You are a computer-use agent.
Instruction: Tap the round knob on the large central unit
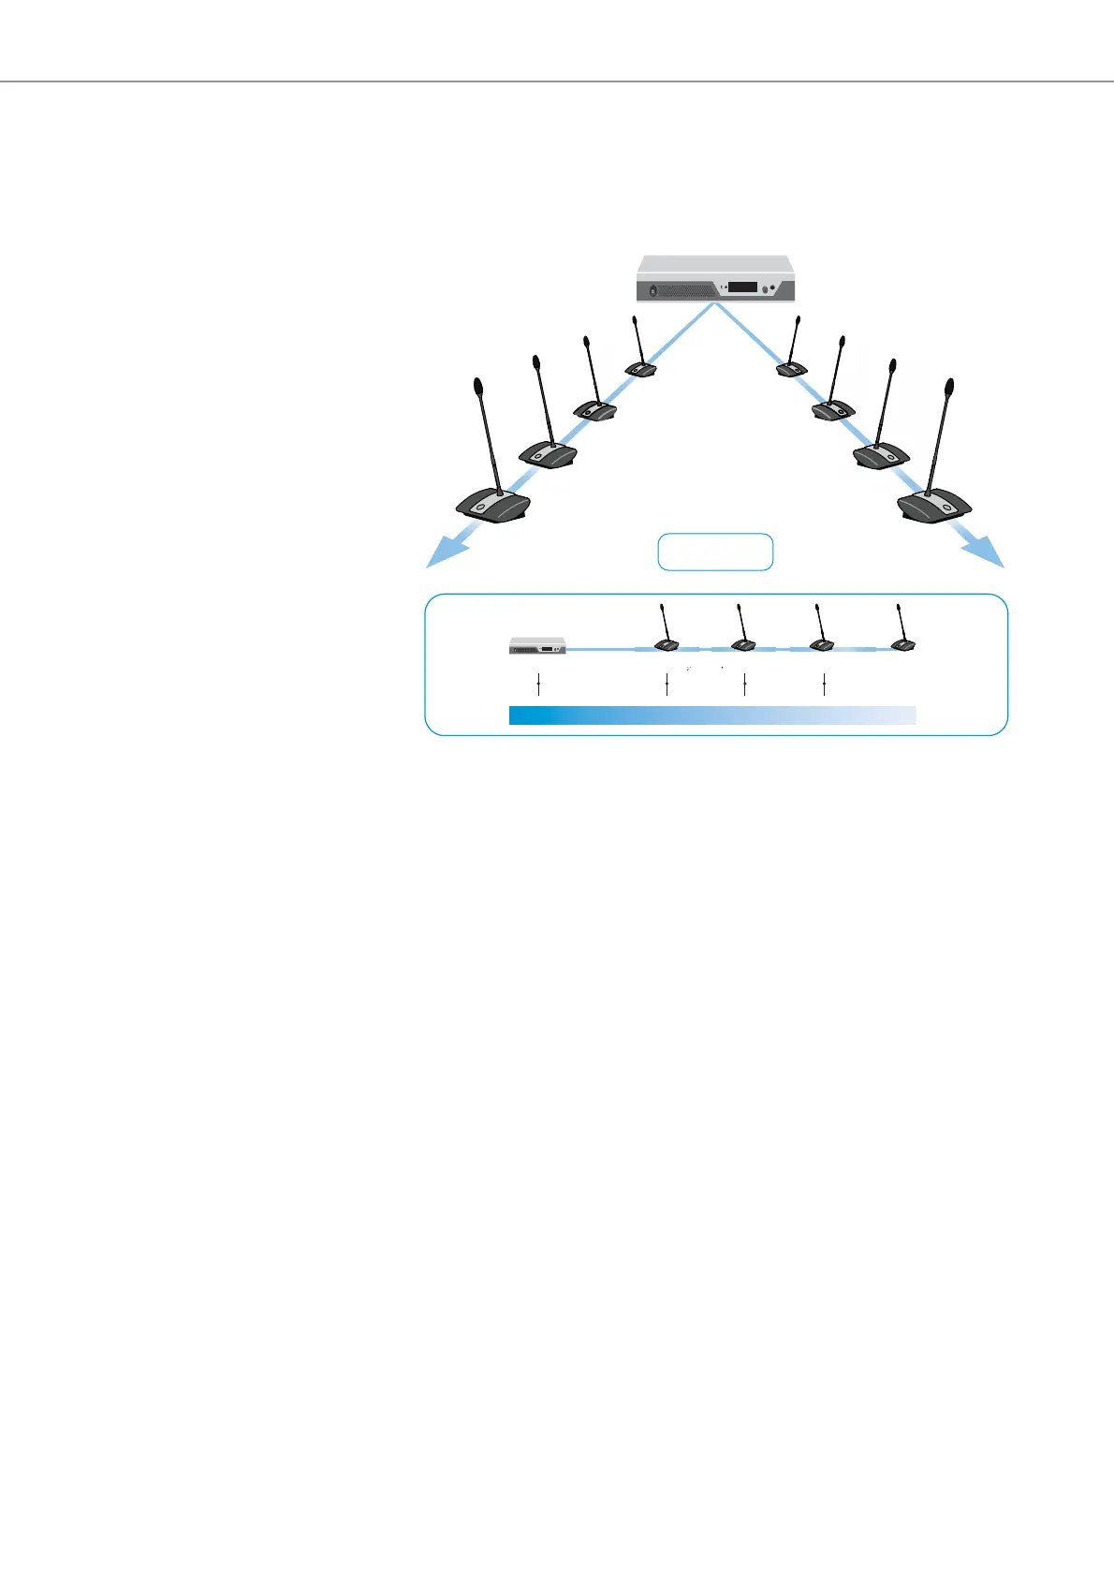(766, 289)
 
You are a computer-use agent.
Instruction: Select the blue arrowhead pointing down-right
(989, 555)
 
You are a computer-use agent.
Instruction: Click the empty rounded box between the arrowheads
(715, 552)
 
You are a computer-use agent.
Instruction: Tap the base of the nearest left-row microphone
(493, 506)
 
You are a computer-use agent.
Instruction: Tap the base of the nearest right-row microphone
(934, 506)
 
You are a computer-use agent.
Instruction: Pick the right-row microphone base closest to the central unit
(792, 369)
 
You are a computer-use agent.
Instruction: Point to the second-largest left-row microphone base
(548, 453)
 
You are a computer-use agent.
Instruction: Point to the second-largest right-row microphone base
(881, 456)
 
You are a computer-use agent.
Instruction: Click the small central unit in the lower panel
(537, 646)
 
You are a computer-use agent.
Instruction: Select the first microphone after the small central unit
(667, 645)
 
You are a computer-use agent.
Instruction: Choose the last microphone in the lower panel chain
(902, 644)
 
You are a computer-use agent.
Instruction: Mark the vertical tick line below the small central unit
(540, 685)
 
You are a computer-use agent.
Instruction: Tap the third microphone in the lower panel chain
(822, 644)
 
